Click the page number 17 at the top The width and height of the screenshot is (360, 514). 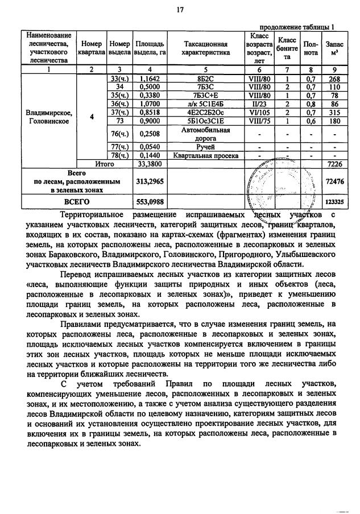pyautogui.click(x=180, y=10)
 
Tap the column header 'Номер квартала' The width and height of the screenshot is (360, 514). pyautogui.click(x=92, y=48)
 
